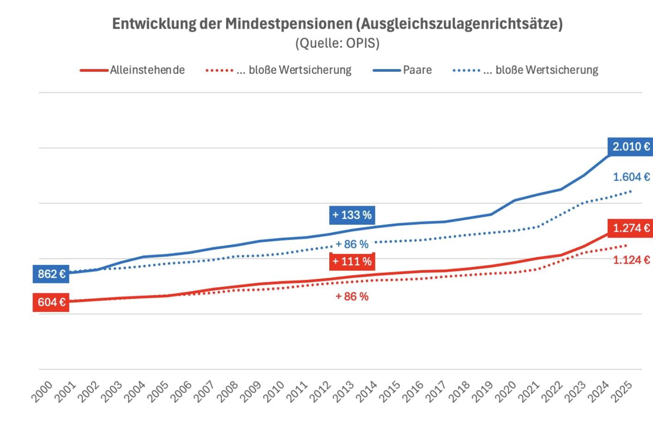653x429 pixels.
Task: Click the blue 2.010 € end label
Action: coord(631,147)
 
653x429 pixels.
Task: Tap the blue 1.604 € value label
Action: coord(631,177)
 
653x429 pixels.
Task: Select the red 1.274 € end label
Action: coord(631,228)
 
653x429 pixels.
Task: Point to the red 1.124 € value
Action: coord(631,260)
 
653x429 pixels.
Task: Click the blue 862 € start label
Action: coord(51,274)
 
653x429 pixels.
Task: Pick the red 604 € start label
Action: coord(51,303)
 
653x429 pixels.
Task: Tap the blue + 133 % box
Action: coord(352,215)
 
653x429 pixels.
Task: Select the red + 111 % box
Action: coord(352,261)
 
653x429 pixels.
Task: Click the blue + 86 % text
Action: coord(352,244)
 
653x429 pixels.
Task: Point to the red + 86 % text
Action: coord(352,297)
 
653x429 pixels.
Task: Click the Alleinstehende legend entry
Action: coord(147,70)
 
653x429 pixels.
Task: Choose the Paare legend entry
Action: coord(417,70)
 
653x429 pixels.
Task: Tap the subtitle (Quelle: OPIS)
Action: coord(337,43)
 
